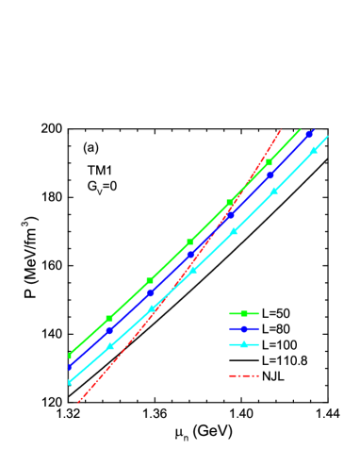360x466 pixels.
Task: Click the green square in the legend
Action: [x=243, y=313]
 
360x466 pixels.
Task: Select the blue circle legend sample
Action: [x=243, y=329]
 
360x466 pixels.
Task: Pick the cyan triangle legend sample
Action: [x=243, y=344]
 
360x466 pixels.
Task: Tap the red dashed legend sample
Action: [x=243, y=375]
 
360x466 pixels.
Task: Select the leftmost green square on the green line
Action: [x=70, y=356]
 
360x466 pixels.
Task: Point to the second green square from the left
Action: [x=109, y=319]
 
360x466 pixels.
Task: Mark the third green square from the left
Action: [x=150, y=280]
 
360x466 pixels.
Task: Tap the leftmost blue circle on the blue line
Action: [x=70, y=367]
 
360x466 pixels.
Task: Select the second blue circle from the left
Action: [x=109, y=331]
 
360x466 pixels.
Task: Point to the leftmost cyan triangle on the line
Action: [x=70, y=381]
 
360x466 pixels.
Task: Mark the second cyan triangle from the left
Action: [x=110, y=346]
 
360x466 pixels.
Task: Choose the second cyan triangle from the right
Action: [x=274, y=191]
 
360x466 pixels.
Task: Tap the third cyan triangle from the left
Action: [x=152, y=308]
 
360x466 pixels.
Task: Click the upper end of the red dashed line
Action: [x=281, y=129]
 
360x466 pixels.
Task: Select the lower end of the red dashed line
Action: [x=77, y=403]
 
